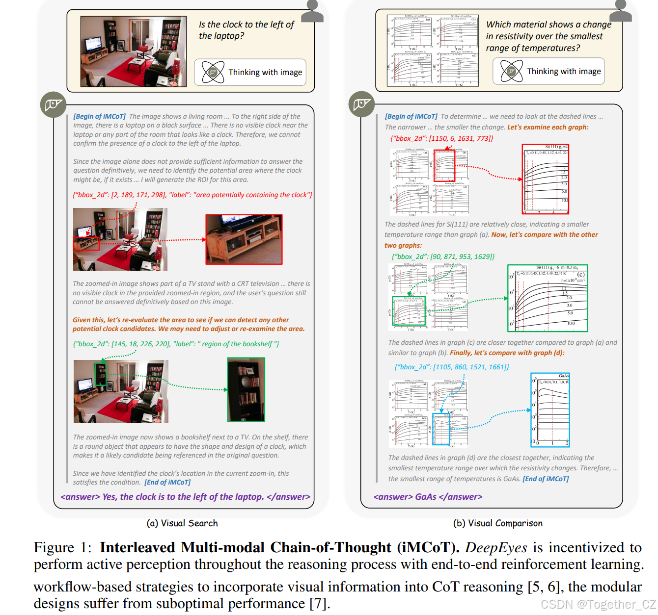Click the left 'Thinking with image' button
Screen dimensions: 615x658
pos(250,73)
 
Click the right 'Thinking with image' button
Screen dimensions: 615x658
pos(548,72)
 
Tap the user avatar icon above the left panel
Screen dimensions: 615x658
pos(312,11)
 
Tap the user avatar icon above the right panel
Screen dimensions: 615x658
pos(621,11)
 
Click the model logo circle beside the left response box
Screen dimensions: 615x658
pos(53,104)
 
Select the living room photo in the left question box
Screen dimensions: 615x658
pos(134,51)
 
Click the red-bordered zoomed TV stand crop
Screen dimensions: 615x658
pos(244,239)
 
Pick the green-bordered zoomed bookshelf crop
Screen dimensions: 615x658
pos(246,389)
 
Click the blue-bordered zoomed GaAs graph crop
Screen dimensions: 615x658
pos(550,410)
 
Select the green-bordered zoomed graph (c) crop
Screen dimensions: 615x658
pos(548,298)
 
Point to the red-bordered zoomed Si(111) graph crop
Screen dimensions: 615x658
pos(545,179)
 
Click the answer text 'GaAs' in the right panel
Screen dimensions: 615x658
pos(425,497)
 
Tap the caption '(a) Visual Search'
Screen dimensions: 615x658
pos(182,523)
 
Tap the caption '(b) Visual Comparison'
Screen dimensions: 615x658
pos(497,523)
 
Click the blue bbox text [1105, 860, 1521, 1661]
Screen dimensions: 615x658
pos(451,367)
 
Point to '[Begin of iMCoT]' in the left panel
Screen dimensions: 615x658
pos(100,116)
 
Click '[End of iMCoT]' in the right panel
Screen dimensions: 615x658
pos(546,479)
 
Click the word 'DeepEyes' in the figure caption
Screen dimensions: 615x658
pos(496,547)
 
